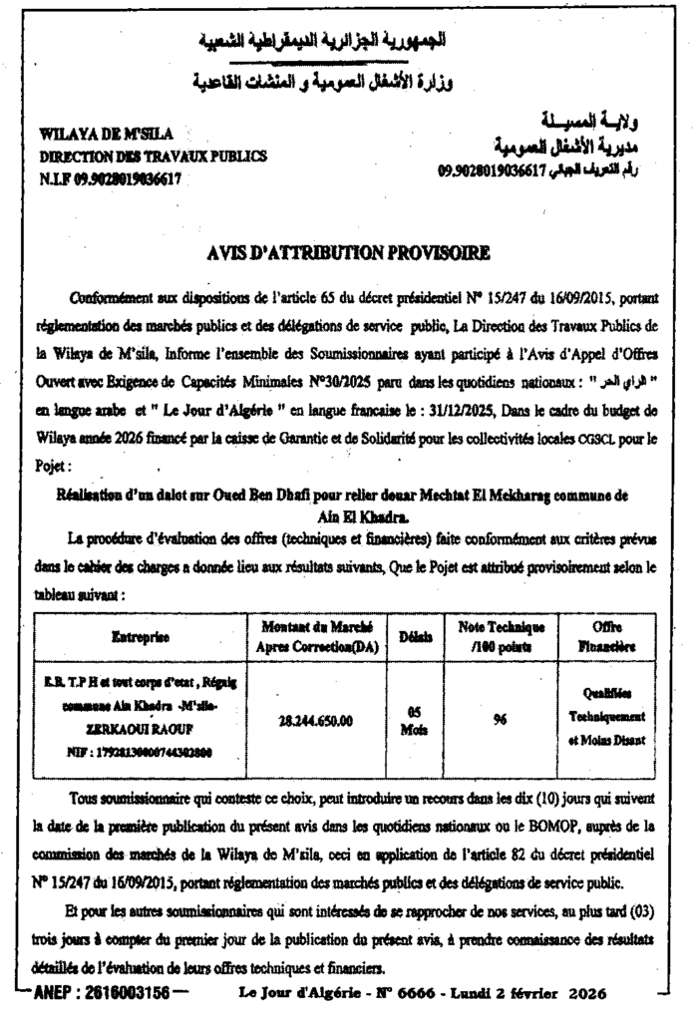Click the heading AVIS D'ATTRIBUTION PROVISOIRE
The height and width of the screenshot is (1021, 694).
pyautogui.click(x=348, y=254)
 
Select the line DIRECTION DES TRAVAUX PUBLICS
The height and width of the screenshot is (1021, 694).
pyautogui.click(x=153, y=157)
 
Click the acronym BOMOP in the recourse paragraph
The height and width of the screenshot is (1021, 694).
pyautogui.click(x=499, y=826)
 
